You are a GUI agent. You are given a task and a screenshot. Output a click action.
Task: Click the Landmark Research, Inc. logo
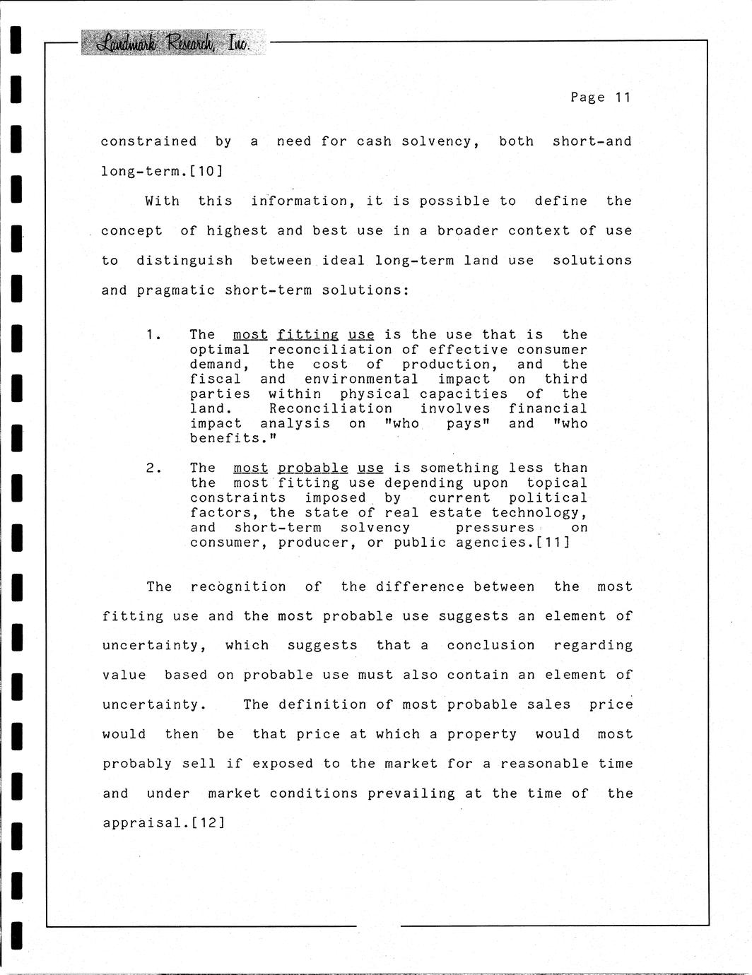[x=172, y=43]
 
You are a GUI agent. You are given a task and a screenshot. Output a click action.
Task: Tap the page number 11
[x=622, y=97]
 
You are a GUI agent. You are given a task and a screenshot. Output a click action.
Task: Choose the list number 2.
[x=153, y=468]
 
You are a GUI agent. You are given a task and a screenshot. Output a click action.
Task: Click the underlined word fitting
[x=307, y=335]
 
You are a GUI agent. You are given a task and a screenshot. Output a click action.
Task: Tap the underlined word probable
[x=312, y=468]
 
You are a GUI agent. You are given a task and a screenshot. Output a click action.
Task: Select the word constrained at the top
[x=148, y=141]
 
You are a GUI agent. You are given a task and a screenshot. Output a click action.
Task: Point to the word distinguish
[x=184, y=261]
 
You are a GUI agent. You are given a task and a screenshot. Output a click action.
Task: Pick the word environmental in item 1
[x=361, y=379]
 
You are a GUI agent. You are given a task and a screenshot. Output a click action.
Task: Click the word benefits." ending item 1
[x=233, y=439]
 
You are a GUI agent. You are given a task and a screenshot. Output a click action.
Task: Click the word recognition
[x=238, y=587]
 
